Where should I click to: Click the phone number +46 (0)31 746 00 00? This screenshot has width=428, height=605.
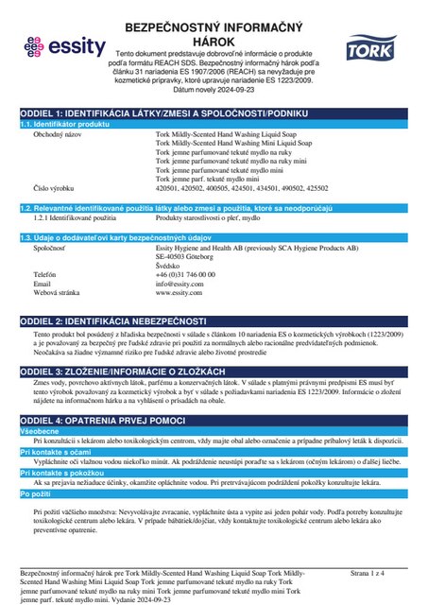(x=192, y=246)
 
